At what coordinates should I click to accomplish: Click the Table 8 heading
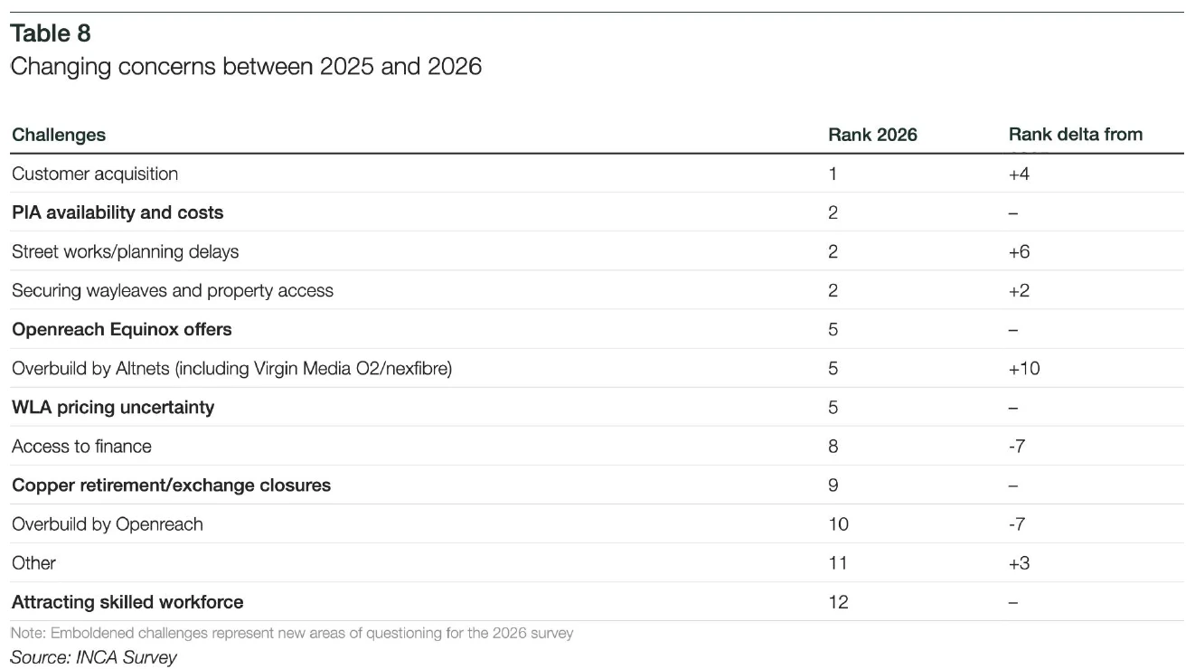[x=51, y=33]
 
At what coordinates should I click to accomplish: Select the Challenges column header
[x=59, y=135]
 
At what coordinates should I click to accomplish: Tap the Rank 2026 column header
[x=872, y=135]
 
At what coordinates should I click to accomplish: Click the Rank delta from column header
[x=1076, y=135]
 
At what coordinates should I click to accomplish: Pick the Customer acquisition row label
[x=95, y=174]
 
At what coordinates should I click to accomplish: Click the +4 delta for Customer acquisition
[x=1019, y=174]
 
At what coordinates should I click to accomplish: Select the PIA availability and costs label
[x=118, y=212]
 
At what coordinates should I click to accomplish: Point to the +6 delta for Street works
[x=1019, y=251]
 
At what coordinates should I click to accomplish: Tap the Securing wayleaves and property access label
[x=173, y=290]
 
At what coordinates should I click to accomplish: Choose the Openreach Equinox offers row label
[x=122, y=329]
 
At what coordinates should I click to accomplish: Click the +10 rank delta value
[x=1024, y=369]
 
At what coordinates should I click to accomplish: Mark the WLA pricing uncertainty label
[x=113, y=407]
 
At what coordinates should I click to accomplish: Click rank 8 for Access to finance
[x=833, y=447]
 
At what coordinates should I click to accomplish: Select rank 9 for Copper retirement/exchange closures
[x=833, y=485]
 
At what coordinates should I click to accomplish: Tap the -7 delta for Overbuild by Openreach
[x=1017, y=524]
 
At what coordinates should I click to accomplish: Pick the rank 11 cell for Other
[x=838, y=563]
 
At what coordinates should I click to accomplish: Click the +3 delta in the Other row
[x=1019, y=563]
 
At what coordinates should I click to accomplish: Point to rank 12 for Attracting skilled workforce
[x=838, y=602]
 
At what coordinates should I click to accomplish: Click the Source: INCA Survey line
[x=94, y=657]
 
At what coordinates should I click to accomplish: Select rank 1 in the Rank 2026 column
[x=833, y=174]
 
